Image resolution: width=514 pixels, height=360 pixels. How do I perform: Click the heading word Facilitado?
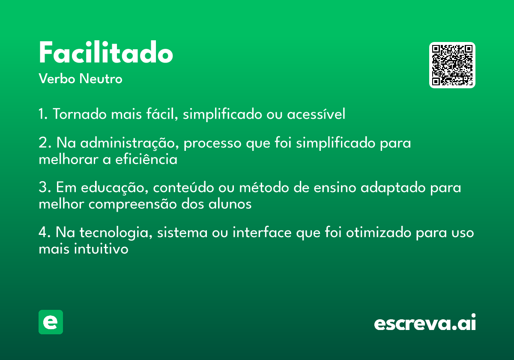click(x=106, y=52)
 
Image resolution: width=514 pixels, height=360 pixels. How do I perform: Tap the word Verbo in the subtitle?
click(x=57, y=78)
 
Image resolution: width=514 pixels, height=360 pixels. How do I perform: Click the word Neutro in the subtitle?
click(x=101, y=78)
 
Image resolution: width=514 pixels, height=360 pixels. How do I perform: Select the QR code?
click(x=452, y=65)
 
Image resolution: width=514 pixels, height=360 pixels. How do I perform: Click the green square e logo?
click(x=51, y=322)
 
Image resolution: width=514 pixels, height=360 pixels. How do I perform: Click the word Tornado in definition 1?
click(x=80, y=114)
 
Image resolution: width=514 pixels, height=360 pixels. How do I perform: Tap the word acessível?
click(x=316, y=114)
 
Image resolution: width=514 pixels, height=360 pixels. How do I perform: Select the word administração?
click(x=129, y=143)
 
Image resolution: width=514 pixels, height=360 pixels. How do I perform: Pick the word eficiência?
click(x=146, y=159)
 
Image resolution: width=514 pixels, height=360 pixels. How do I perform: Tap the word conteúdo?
click(x=183, y=187)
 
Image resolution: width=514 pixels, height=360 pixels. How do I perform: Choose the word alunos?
click(x=230, y=204)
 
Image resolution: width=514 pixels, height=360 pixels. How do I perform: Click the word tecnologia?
click(x=116, y=233)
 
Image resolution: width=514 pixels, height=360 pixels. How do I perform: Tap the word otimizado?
click(x=379, y=232)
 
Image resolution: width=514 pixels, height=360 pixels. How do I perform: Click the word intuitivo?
click(x=101, y=249)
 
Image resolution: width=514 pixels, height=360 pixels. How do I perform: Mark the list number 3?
click(x=45, y=187)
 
